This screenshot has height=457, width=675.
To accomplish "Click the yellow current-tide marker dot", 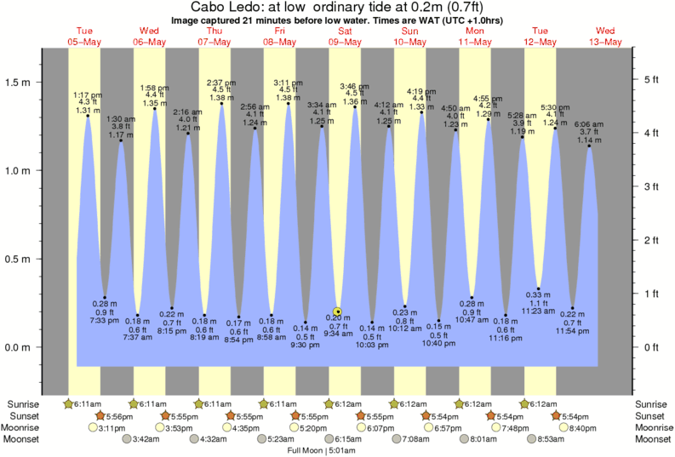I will (x=338, y=311).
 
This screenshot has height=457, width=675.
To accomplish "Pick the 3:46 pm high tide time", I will (x=354, y=86).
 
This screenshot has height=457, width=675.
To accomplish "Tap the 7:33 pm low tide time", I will (x=105, y=319).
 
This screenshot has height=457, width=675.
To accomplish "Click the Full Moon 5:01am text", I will (x=322, y=450).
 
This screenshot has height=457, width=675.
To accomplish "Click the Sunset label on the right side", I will (x=653, y=415).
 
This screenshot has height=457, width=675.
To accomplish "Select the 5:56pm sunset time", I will (x=119, y=415).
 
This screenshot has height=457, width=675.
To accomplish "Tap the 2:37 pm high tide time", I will (x=221, y=83).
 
